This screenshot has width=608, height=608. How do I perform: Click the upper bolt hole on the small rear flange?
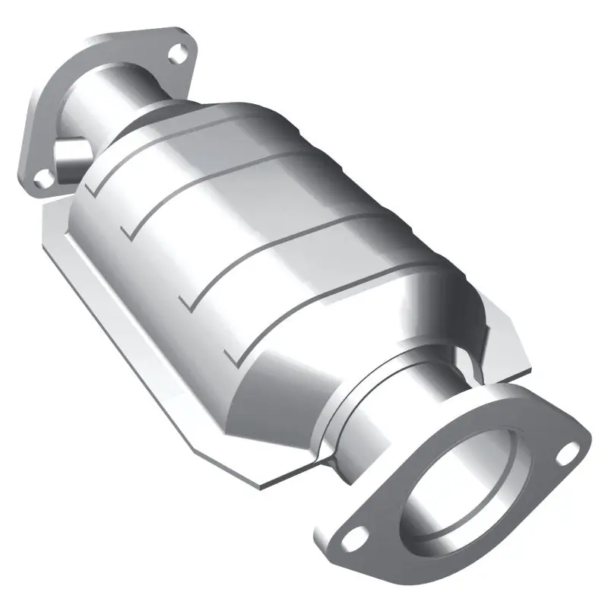(179, 52)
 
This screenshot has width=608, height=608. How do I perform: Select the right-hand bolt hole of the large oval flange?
(565, 454)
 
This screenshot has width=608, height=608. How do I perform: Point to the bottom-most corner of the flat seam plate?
(262, 480)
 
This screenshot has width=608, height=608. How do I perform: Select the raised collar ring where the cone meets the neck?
(334, 426)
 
